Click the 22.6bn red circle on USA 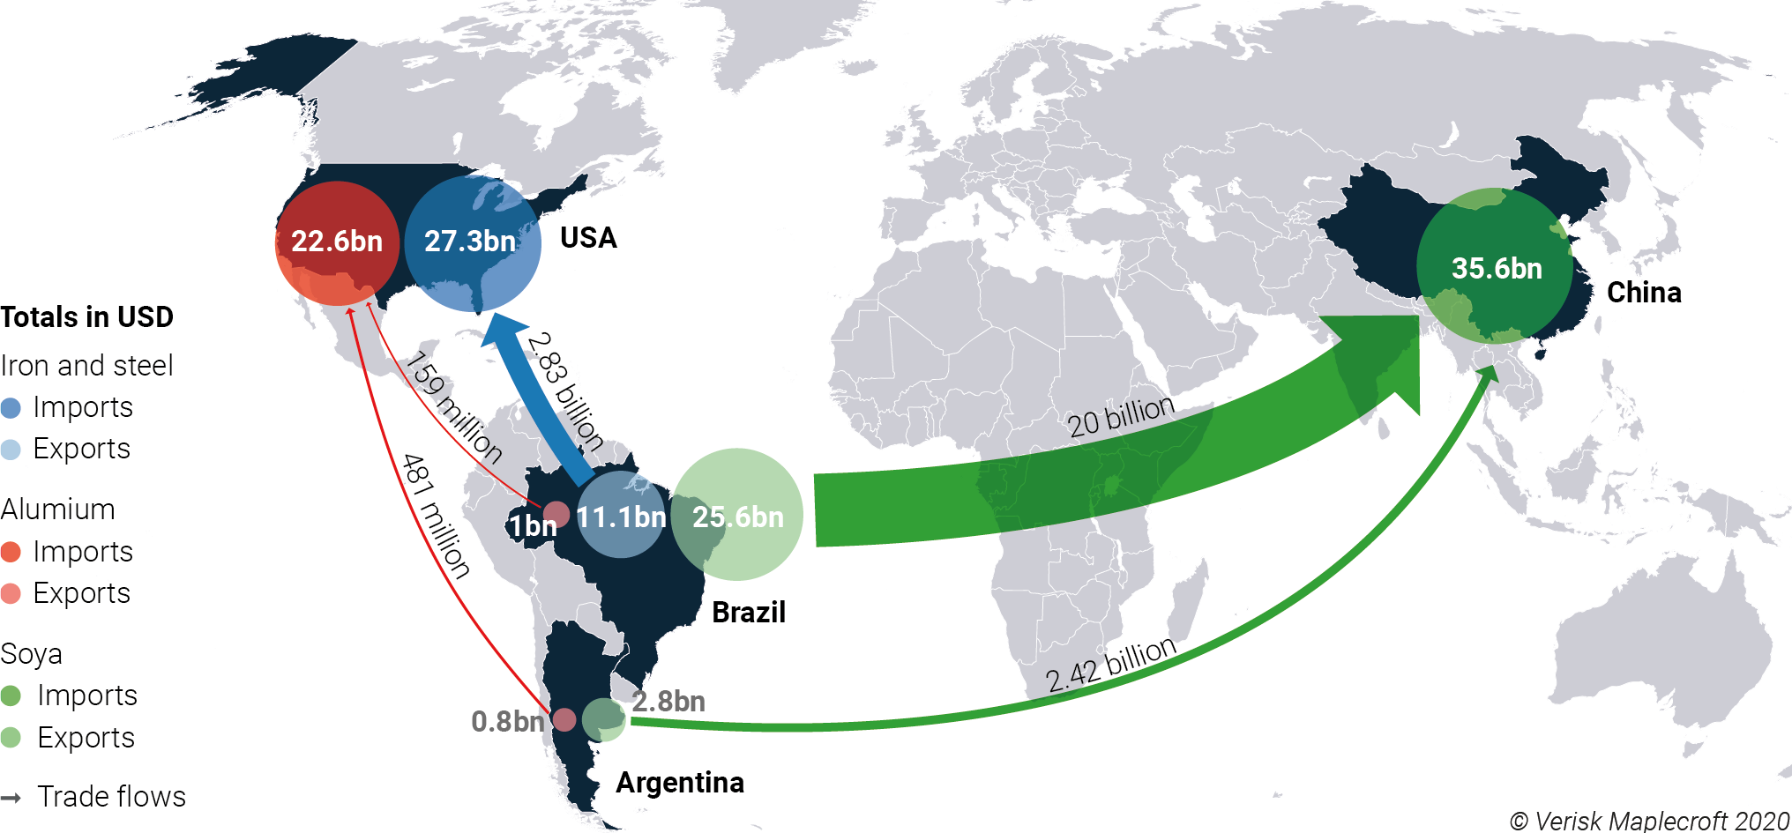(337, 242)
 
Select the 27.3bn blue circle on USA (472, 242)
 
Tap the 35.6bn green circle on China (1496, 267)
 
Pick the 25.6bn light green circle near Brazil (737, 516)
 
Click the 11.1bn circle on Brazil (621, 516)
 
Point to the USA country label (588, 238)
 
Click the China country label (1644, 293)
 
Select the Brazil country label (748, 612)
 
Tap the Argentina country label (680, 782)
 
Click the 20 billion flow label (1121, 416)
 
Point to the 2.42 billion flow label (1111, 665)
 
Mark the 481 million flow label (436, 516)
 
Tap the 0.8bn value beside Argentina (507, 721)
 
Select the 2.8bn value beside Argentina (668, 702)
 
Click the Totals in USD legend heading (87, 316)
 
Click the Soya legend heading (32, 654)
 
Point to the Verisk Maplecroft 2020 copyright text (1650, 821)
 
